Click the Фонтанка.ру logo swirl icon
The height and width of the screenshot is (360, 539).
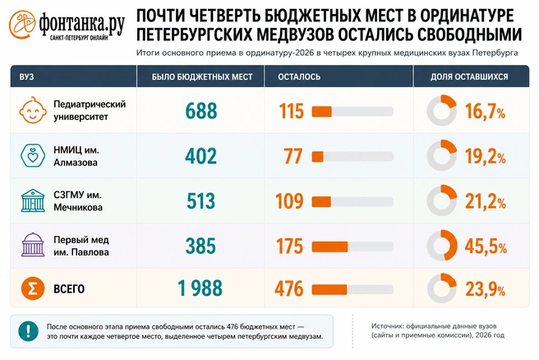pyautogui.click(x=22, y=24)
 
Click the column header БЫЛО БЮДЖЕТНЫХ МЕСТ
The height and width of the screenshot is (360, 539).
pyautogui.click(x=202, y=76)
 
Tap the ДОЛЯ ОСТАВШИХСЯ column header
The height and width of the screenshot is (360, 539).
pyautogui.click(x=469, y=76)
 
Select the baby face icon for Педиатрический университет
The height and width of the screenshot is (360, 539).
pyautogui.click(x=33, y=110)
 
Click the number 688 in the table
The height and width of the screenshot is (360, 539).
pyautogui.click(x=201, y=111)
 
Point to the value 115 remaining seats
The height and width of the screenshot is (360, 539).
pyautogui.click(x=292, y=111)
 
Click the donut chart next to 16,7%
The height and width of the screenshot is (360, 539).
pyautogui.click(x=442, y=110)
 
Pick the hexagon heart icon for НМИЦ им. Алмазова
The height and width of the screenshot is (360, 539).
pyautogui.click(x=33, y=155)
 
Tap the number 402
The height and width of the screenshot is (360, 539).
pyautogui.click(x=201, y=156)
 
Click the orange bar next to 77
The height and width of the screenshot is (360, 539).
pyautogui.click(x=318, y=157)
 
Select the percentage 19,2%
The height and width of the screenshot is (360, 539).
pyautogui.click(x=486, y=157)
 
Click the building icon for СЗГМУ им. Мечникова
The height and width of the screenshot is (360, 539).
pyautogui.click(x=33, y=201)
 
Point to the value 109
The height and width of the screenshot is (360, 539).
pyautogui.click(x=289, y=201)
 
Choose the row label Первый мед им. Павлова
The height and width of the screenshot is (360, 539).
pyautogui.click(x=81, y=246)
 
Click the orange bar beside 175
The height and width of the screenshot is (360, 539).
pyautogui.click(x=329, y=247)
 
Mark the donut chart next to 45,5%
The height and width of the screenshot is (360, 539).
pyautogui.click(x=442, y=245)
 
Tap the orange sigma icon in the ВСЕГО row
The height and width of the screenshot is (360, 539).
pyautogui.click(x=33, y=288)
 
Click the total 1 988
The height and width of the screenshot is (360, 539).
pyautogui.click(x=200, y=288)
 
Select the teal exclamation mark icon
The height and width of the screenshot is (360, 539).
pyautogui.click(x=28, y=331)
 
